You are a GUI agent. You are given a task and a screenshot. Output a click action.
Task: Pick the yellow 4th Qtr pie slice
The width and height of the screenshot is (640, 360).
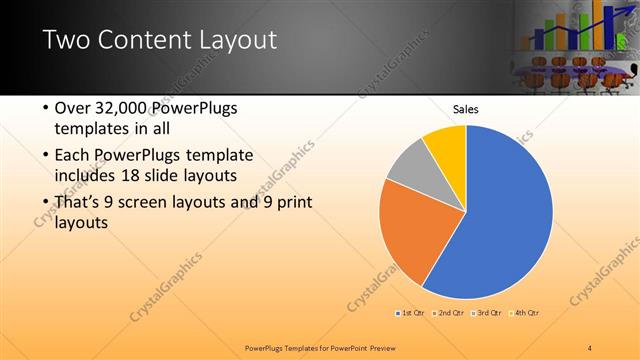click(x=446, y=145)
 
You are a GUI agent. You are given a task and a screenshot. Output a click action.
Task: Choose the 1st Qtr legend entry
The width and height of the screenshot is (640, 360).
click(x=411, y=313)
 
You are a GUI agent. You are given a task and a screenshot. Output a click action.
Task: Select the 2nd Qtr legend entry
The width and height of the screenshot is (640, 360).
click(x=450, y=313)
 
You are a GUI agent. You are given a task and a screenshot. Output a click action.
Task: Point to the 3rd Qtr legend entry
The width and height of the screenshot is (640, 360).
click(x=488, y=313)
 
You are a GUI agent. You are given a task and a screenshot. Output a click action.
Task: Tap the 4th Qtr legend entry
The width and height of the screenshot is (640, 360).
click(x=526, y=313)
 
